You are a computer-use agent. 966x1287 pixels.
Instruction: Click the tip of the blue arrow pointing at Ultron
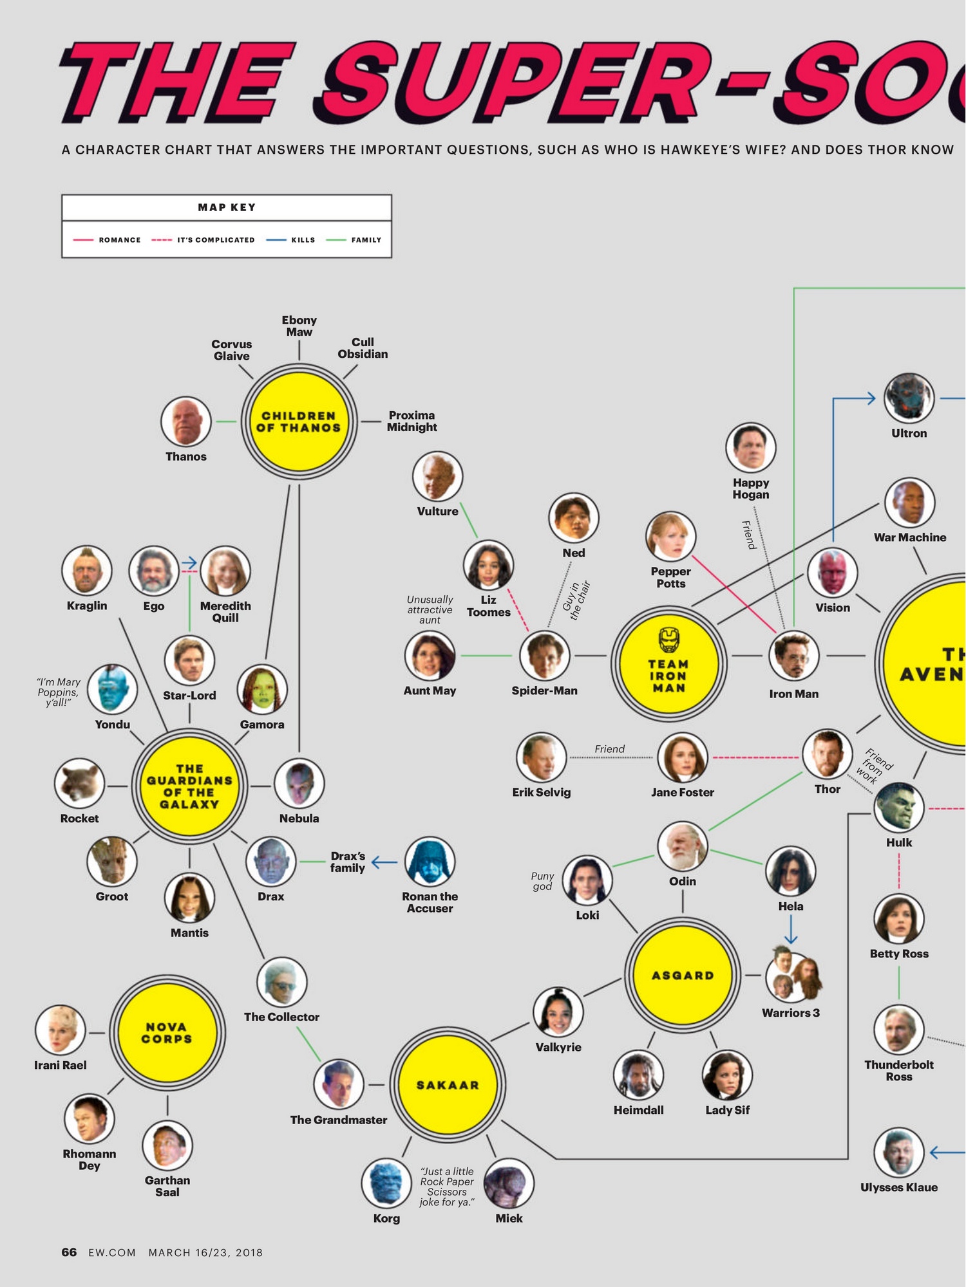click(876, 398)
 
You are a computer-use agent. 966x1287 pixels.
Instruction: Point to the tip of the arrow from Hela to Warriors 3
click(791, 944)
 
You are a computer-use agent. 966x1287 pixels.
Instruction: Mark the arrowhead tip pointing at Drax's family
click(372, 862)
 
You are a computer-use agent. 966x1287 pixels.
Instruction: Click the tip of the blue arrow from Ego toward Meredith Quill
click(196, 563)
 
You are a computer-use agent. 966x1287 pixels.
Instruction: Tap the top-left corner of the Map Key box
click(62, 195)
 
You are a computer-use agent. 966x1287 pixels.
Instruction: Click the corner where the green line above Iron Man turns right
click(794, 288)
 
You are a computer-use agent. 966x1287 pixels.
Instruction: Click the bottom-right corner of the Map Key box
click(392, 257)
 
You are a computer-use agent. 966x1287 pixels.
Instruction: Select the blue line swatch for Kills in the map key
click(276, 240)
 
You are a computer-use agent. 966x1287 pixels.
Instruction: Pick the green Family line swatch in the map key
click(336, 240)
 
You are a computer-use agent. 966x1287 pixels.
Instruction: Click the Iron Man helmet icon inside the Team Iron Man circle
click(669, 640)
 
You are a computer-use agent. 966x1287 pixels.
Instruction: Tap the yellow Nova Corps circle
click(167, 1032)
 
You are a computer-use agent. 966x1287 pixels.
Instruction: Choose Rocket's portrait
click(80, 783)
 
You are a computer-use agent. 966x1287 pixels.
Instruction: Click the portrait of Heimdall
click(638, 1075)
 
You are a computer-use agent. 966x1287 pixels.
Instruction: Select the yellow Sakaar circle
click(448, 1085)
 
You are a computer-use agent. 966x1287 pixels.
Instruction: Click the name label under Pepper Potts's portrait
click(670, 577)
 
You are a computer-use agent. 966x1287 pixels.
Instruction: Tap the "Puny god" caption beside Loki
click(542, 881)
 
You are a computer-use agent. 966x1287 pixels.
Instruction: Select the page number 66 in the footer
click(69, 1252)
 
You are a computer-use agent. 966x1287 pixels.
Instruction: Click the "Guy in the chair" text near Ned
click(576, 600)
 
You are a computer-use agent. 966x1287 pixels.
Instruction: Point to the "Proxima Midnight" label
click(412, 421)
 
